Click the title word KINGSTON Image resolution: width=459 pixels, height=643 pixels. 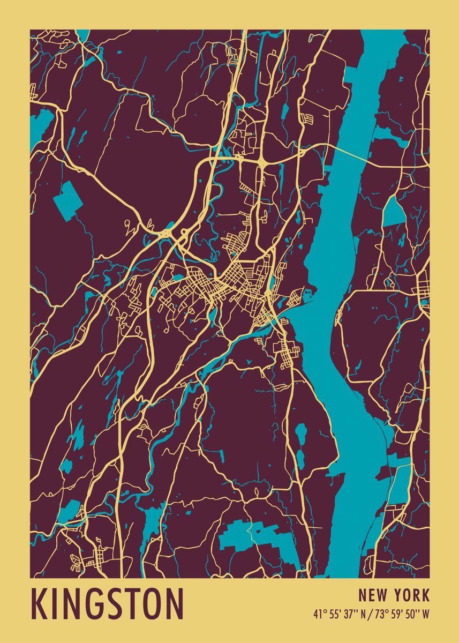point(108,604)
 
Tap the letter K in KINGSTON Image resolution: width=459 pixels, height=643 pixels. point(39,604)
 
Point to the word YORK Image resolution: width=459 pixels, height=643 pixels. point(410,595)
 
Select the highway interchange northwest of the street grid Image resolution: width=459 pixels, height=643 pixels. point(168,234)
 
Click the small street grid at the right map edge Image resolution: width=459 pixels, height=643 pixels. point(423,284)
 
